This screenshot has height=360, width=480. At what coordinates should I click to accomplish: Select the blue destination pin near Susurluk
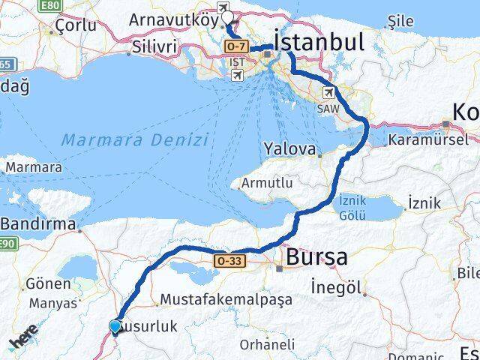[x=114, y=327]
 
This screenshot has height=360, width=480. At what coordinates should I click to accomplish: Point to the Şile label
[x=410, y=23]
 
